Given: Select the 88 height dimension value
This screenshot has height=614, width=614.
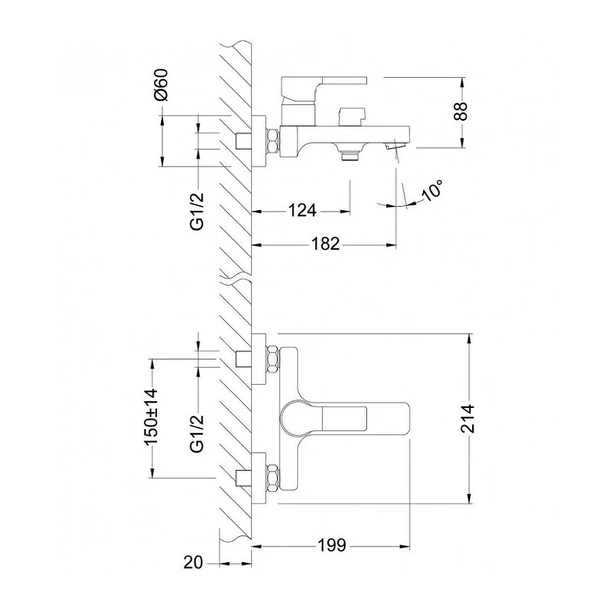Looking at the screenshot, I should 462,112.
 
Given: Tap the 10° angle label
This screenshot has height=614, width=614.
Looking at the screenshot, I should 433,190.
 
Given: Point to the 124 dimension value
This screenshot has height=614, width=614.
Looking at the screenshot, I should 302,210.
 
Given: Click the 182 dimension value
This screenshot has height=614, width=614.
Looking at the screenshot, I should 325,244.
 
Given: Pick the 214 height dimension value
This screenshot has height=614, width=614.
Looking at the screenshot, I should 467,419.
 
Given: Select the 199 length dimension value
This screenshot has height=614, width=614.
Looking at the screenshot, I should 332,545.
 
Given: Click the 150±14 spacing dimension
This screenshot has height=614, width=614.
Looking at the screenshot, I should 151,418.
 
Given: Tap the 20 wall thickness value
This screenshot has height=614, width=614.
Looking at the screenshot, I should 193,563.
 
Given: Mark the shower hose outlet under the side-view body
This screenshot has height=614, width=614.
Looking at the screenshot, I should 349,154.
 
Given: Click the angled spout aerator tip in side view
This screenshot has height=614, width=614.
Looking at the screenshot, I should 395,146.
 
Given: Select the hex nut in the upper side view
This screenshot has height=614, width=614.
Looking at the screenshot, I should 272,141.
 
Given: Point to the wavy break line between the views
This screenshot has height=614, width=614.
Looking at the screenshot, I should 235,278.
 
